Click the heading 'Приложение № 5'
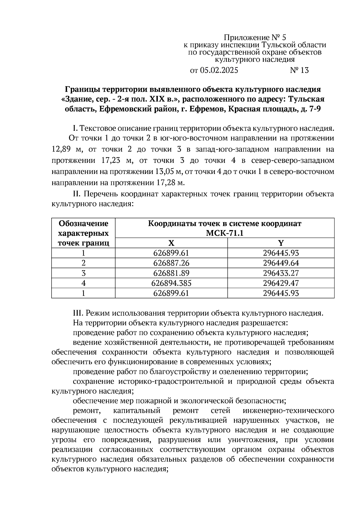click(255, 37)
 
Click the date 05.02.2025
click(219, 70)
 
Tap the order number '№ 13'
click(299, 70)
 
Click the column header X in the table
click(171, 243)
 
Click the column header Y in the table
click(281, 243)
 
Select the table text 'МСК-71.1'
click(225, 233)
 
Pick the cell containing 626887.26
click(171, 263)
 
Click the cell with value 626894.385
click(171, 283)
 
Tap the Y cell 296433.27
click(281, 273)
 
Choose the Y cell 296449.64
click(281, 263)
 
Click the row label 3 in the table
click(83, 273)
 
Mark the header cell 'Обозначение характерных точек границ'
click(83, 233)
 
